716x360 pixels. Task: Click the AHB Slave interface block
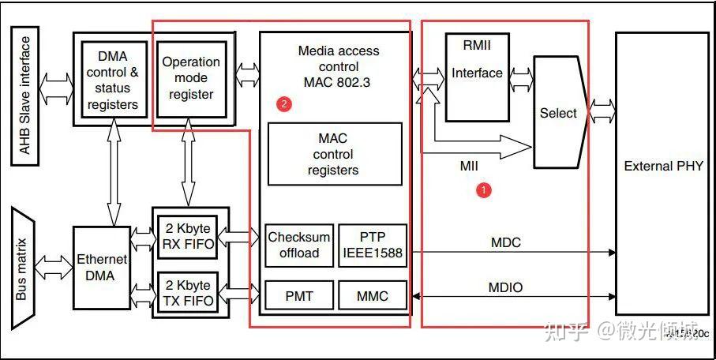point(25,96)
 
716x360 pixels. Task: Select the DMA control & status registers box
point(113,79)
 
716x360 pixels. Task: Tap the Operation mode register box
point(191,77)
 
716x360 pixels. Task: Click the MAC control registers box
point(333,154)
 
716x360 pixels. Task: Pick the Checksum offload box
point(299,245)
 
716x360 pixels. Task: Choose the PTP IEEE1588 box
point(372,245)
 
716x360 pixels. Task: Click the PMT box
point(299,296)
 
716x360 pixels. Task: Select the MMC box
point(372,296)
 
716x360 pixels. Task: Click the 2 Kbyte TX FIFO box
point(187,291)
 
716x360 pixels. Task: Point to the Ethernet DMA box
point(102,267)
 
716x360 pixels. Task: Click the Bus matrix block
point(23,268)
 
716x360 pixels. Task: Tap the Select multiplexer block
point(558,113)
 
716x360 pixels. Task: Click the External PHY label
point(662,166)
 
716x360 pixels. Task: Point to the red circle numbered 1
point(485,189)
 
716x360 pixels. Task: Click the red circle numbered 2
point(285,103)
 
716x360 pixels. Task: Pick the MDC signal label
point(506,242)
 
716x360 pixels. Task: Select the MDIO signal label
point(506,287)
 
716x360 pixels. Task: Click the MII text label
point(470,167)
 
